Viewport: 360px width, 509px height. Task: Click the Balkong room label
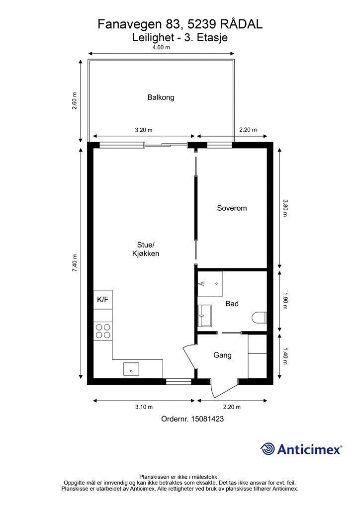[x=161, y=97]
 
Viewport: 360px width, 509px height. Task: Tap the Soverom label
[x=232, y=208]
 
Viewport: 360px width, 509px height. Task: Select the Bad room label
[x=232, y=304]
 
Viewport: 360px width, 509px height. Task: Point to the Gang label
[x=222, y=355]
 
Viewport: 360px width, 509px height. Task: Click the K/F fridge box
[x=103, y=299]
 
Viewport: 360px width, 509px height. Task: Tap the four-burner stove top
[x=103, y=331]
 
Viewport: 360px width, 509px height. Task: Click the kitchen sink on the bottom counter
[x=131, y=369]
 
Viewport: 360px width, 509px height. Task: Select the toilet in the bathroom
[x=260, y=318]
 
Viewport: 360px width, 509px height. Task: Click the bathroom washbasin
[x=204, y=315]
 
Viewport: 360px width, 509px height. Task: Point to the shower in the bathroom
[x=210, y=284]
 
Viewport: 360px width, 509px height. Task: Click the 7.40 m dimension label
[x=75, y=263]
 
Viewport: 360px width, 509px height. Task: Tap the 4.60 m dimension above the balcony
[x=161, y=47]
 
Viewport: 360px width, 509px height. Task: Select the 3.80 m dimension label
[x=285, y=208]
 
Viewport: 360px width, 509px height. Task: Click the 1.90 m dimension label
[x=285, y=301]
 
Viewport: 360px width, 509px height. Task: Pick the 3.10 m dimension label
[x=144, y=407]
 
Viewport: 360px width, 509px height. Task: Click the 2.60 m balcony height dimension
[x=75, y=101]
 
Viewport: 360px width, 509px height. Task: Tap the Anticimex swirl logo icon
[x=267, y=449]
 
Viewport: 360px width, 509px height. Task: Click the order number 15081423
[x=207, y=419]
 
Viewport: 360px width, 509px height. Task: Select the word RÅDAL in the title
[x=241, y=24]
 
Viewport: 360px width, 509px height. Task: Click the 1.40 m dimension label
[x=285, y=356]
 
